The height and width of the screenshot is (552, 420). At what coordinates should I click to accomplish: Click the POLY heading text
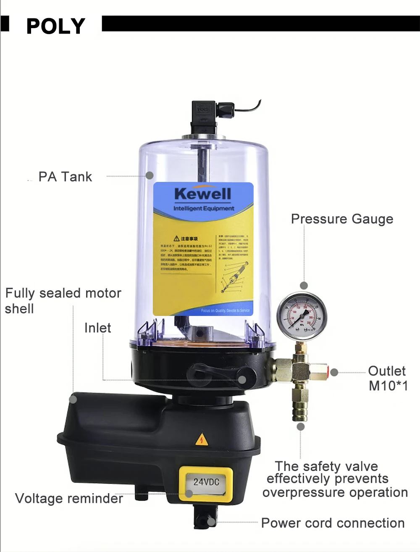55,26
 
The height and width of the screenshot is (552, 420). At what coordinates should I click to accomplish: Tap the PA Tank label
65,177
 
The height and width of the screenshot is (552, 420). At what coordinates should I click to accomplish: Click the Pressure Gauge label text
342,219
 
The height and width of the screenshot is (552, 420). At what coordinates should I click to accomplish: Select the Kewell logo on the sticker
203,194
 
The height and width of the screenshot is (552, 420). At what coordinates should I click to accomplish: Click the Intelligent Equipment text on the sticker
204,208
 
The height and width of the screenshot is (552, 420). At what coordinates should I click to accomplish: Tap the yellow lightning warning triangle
202,439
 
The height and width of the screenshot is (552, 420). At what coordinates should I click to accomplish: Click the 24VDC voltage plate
206,482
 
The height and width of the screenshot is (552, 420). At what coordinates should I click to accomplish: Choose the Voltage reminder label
69,498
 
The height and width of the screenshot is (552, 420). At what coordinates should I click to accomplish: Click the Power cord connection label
333,523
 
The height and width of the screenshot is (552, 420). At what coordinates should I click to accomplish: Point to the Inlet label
97,328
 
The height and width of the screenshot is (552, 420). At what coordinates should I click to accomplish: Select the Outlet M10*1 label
388,378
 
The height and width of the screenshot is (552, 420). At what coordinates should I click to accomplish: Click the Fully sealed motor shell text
63,300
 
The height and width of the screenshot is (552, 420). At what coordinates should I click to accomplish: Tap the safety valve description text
335,479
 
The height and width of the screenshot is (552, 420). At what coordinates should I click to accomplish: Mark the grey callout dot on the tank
150,175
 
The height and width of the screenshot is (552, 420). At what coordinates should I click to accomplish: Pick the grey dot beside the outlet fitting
334,372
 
